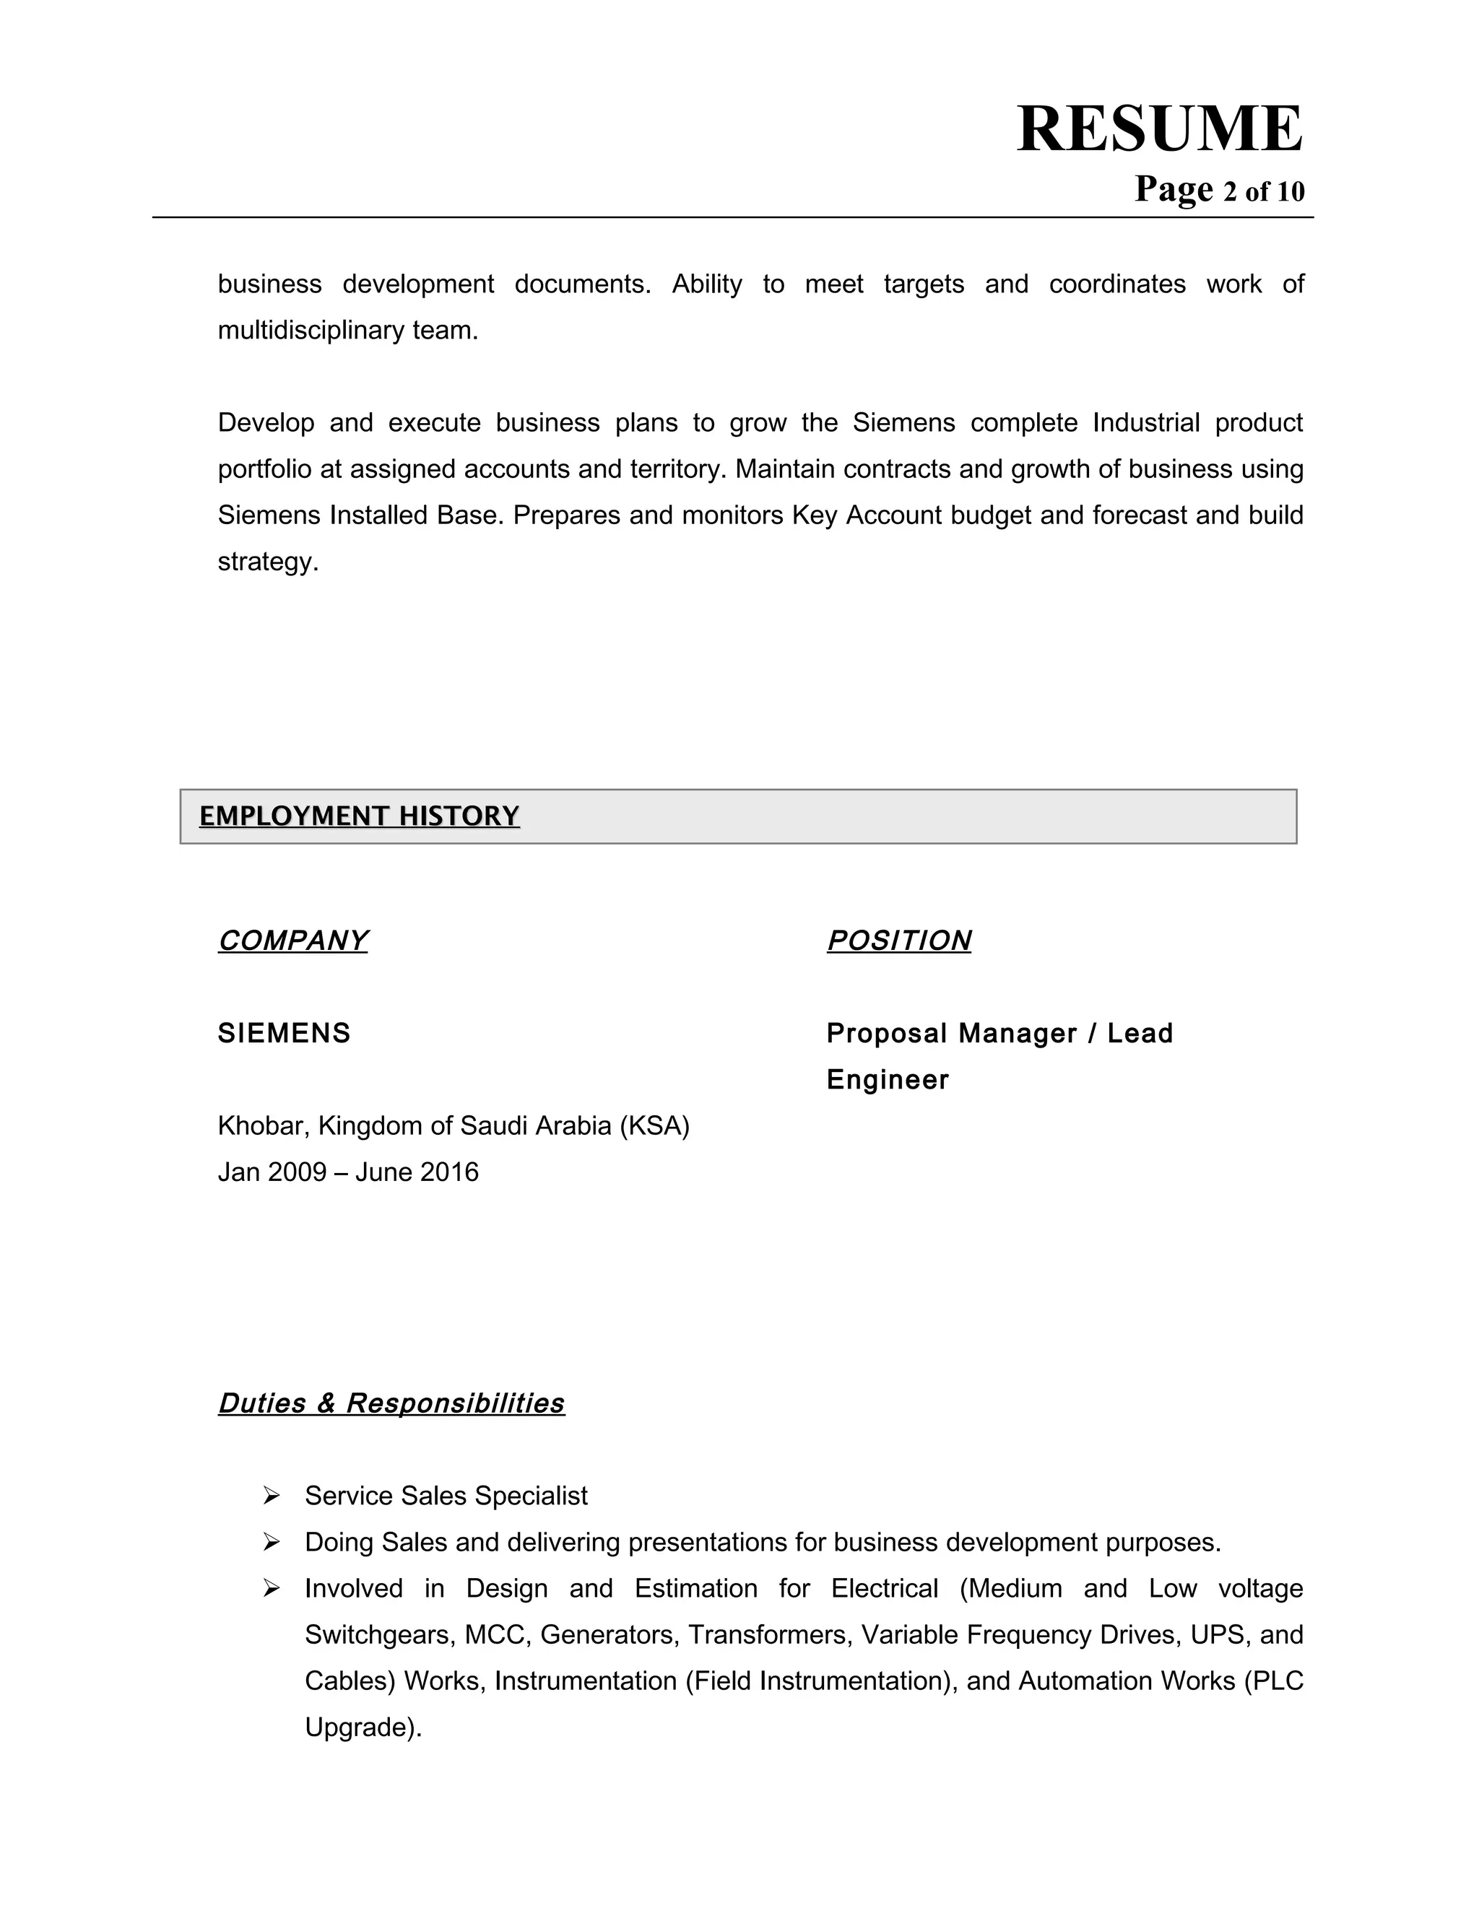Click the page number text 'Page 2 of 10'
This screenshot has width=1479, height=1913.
1219,190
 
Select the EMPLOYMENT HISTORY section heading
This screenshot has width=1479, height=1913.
359,816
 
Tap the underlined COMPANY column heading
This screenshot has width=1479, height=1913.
292,940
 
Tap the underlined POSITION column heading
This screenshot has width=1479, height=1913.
898,940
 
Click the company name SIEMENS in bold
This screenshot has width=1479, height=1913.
284,1033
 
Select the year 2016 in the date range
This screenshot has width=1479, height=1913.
448,1172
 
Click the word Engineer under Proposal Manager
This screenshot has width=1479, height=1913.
887,1079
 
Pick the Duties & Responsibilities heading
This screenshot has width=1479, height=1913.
391,1403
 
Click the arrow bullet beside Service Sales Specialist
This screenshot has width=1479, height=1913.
271,1496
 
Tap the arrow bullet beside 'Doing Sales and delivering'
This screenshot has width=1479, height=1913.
271,1543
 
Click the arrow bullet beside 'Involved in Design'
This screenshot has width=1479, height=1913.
271,1589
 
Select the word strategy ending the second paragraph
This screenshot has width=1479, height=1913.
267,562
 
